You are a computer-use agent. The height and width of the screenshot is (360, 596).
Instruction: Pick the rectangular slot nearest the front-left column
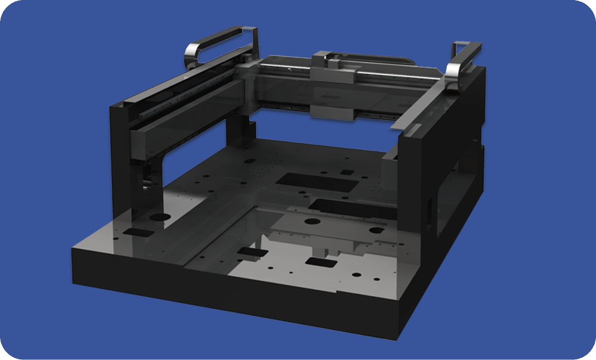[x=137, y=231]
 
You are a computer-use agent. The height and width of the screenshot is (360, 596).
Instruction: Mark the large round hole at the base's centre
[x=311, y=221]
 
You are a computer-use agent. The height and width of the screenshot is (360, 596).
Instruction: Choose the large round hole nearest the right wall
[x=375, y=230]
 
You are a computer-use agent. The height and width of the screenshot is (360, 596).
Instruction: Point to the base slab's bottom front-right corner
[x=398, y=340]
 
